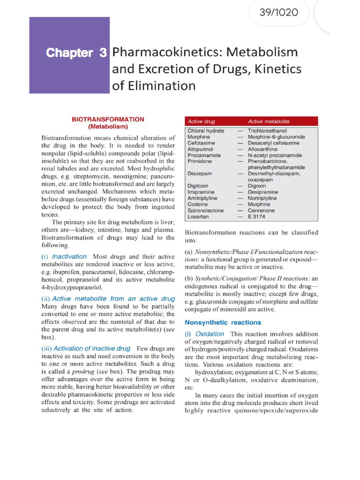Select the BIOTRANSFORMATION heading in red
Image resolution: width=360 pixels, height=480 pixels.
(108, 120)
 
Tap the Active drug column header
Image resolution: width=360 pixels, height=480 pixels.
(201, 121)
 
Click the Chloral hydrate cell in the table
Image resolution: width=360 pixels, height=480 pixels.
(206, 131)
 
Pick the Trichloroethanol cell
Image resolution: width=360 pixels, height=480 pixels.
(267, 131)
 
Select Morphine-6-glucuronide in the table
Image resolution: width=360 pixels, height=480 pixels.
(276, 137)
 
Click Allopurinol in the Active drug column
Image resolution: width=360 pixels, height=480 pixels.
(200, 149)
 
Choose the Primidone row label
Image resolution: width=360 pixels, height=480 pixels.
(200, 161)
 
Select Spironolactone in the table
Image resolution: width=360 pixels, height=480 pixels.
(205, 210)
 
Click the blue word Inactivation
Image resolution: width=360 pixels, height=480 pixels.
(69, 256)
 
